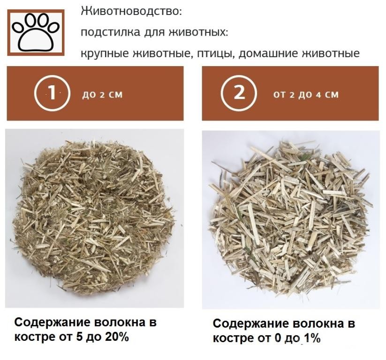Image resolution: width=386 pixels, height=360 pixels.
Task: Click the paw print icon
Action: [x=36, y=32]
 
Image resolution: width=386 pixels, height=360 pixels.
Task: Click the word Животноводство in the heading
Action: [x=131, y=12]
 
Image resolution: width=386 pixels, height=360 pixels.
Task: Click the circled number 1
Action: [x=52, y=93]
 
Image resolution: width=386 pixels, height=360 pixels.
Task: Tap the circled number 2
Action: [x=239, y=93]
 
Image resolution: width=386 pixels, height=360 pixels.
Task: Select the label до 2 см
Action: [x=102, y=95]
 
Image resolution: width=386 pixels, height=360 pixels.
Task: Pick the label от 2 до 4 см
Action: [x=306, y=95]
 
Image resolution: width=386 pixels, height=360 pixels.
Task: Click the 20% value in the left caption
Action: [x=117, y=337]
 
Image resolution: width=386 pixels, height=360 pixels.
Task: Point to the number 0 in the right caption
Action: [x=278, y=338]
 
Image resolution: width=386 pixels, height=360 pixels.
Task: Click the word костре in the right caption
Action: [x=233, y=339]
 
